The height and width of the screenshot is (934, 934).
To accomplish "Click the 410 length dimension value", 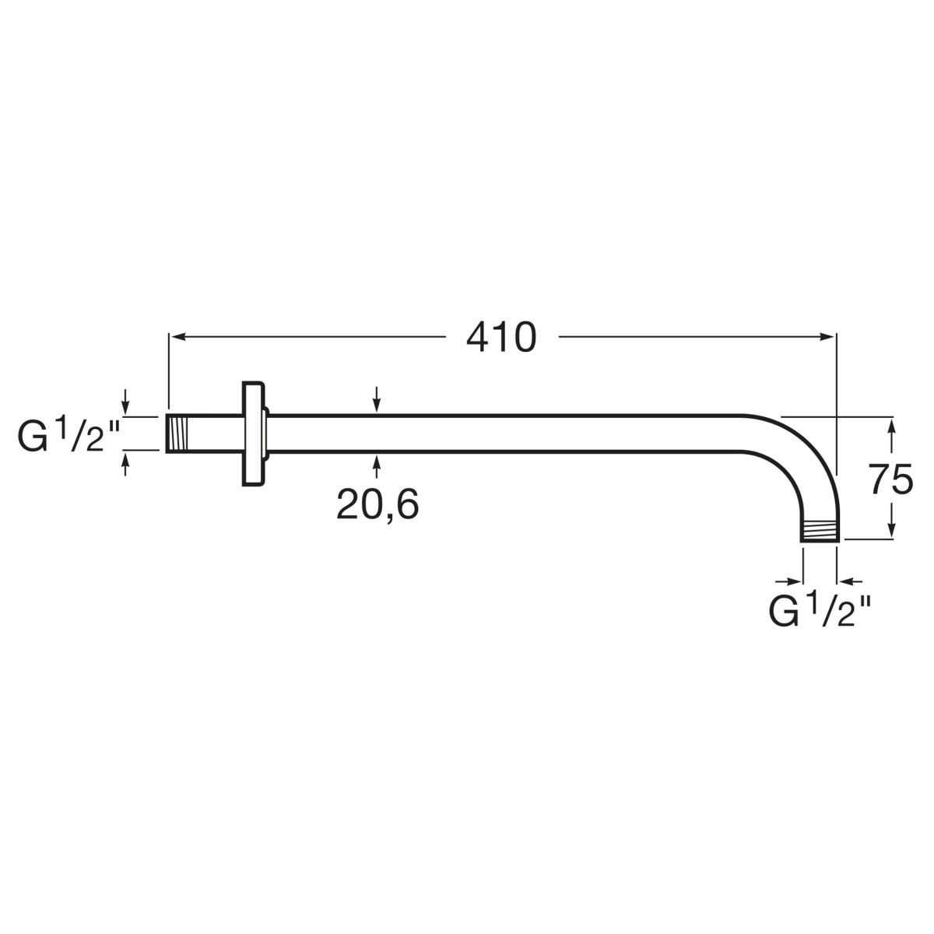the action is pyautogui.click(x=501, y=337).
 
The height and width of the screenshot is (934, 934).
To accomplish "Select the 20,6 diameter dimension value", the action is pyautogui.click(x=377, y=505).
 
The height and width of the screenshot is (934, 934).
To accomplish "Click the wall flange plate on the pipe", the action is pyautogui.click(x=254, y=434).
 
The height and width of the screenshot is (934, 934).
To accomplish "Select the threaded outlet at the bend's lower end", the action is pyautogui.click(x=819, y=532).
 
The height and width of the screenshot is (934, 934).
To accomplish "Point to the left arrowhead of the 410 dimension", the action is pyautogui.click(x=177, y=337).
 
